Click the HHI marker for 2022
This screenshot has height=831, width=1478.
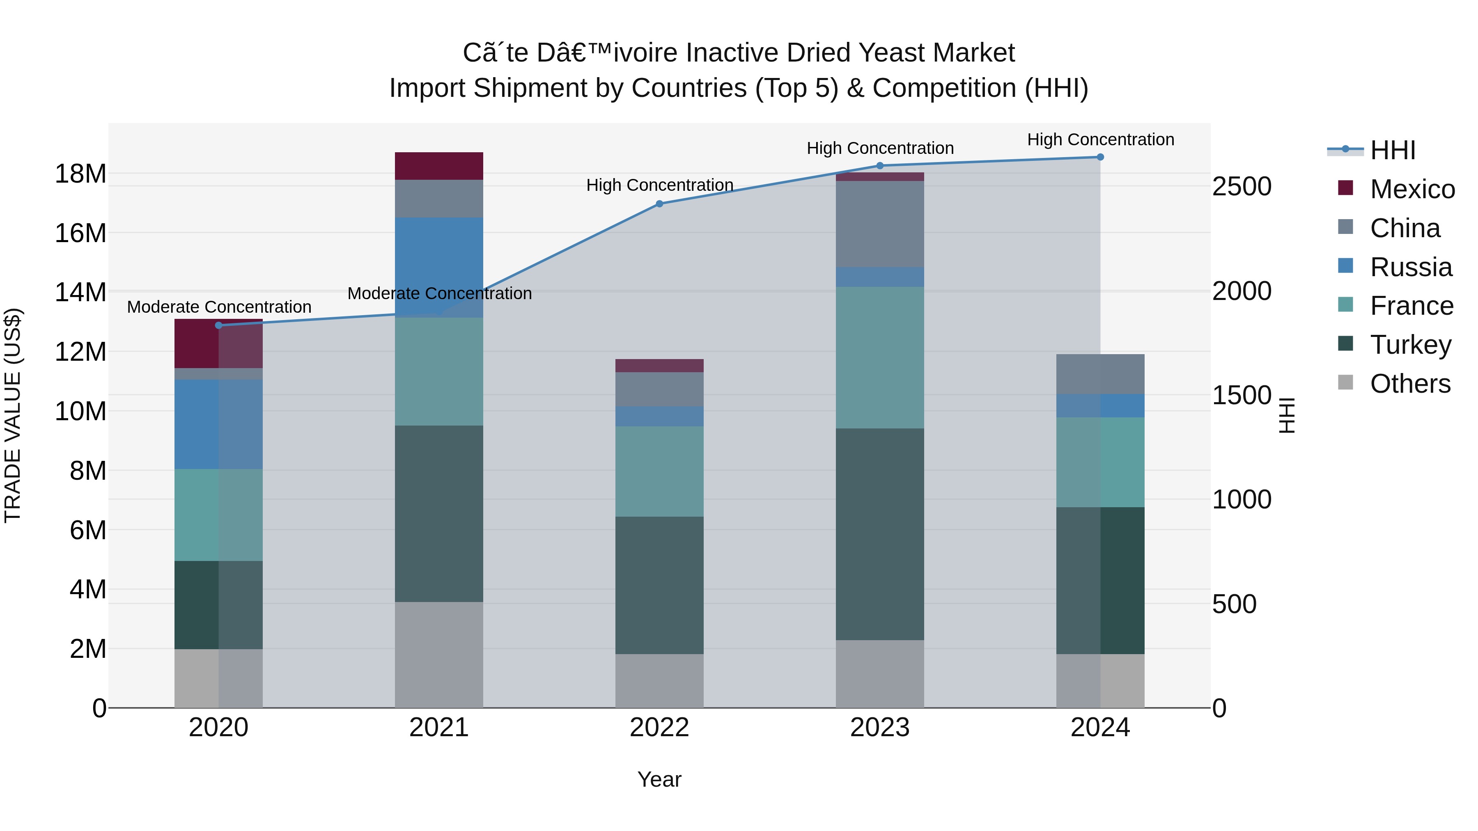[659, 204]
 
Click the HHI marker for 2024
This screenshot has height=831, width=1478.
[1100, 157]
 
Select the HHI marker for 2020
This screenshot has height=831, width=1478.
[218, 325]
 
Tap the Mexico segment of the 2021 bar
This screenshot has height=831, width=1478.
[439, 166]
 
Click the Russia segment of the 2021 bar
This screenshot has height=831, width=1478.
[439, 267]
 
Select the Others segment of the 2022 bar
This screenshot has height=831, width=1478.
[659, 681]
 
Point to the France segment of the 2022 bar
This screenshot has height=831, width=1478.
[659, 472]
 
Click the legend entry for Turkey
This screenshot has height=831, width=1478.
[1410, 345]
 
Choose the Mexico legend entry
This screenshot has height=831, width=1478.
[1412, 189]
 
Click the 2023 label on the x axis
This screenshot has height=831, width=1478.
[879, 728]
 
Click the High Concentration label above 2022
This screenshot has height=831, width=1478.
[660, 185]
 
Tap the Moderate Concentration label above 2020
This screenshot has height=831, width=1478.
[218, 307]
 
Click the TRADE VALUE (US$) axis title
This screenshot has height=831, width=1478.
[13, 415]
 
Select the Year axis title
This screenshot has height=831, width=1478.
[659, 779]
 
